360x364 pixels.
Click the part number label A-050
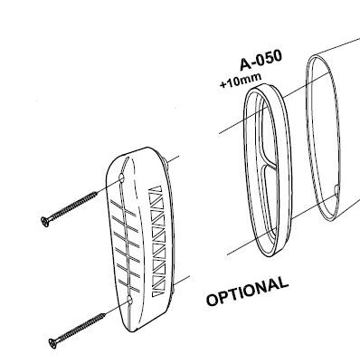[261, 60]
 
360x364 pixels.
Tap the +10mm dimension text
[241, 81]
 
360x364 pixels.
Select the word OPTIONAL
[247, 292]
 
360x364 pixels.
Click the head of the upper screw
[44, 222]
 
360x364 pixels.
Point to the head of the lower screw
[52, 343]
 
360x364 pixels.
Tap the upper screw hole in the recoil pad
[122, 178]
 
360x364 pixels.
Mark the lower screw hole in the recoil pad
[130, 301]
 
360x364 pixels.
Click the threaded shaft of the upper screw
[72, 207]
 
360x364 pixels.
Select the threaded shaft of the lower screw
[81, 329]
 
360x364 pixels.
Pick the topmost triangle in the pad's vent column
[156, 192]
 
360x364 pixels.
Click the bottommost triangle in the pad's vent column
[157, 293]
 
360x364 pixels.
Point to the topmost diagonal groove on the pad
[123, 208]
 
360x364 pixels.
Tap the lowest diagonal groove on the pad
[129, 286]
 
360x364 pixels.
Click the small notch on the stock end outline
[337, 190]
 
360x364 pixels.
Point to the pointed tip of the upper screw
[97, 193]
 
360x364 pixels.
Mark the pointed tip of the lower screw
[105, 314]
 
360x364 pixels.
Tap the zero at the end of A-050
[277, 56]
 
